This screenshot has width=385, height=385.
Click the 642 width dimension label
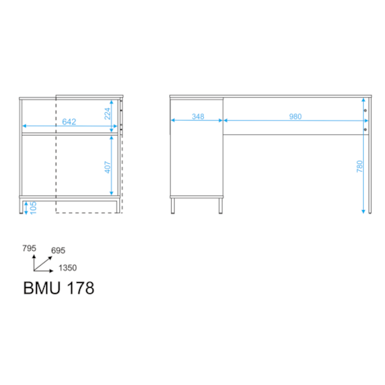coord(69,122)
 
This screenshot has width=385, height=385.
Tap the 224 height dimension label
coord(107,114)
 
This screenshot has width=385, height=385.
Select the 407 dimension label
coord(107,167)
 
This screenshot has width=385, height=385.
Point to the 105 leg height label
coord(33,208)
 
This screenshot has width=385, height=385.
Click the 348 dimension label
coord(198,116)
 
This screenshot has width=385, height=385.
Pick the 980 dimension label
coord(296,116)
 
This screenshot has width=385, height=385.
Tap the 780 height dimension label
coord(360,166)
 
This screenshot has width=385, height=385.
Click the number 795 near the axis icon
coord(29,249)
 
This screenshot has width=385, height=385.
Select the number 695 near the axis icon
coord(58,250)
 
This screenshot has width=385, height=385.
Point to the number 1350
coord(67,267)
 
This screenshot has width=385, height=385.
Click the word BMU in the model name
coord(42,288)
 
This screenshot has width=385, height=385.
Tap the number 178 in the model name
coord(81,288)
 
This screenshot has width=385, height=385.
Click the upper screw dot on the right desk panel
coord(365,111)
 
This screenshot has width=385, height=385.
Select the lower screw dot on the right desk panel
coord(365,129)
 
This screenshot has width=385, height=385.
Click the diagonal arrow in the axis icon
coord(43,263)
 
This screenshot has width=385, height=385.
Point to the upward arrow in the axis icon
coord(34,263)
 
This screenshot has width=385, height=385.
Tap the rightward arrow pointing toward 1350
coord(43,271)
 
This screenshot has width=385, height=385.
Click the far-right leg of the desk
coord(370,155)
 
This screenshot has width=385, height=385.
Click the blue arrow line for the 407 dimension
coord(111,165)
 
